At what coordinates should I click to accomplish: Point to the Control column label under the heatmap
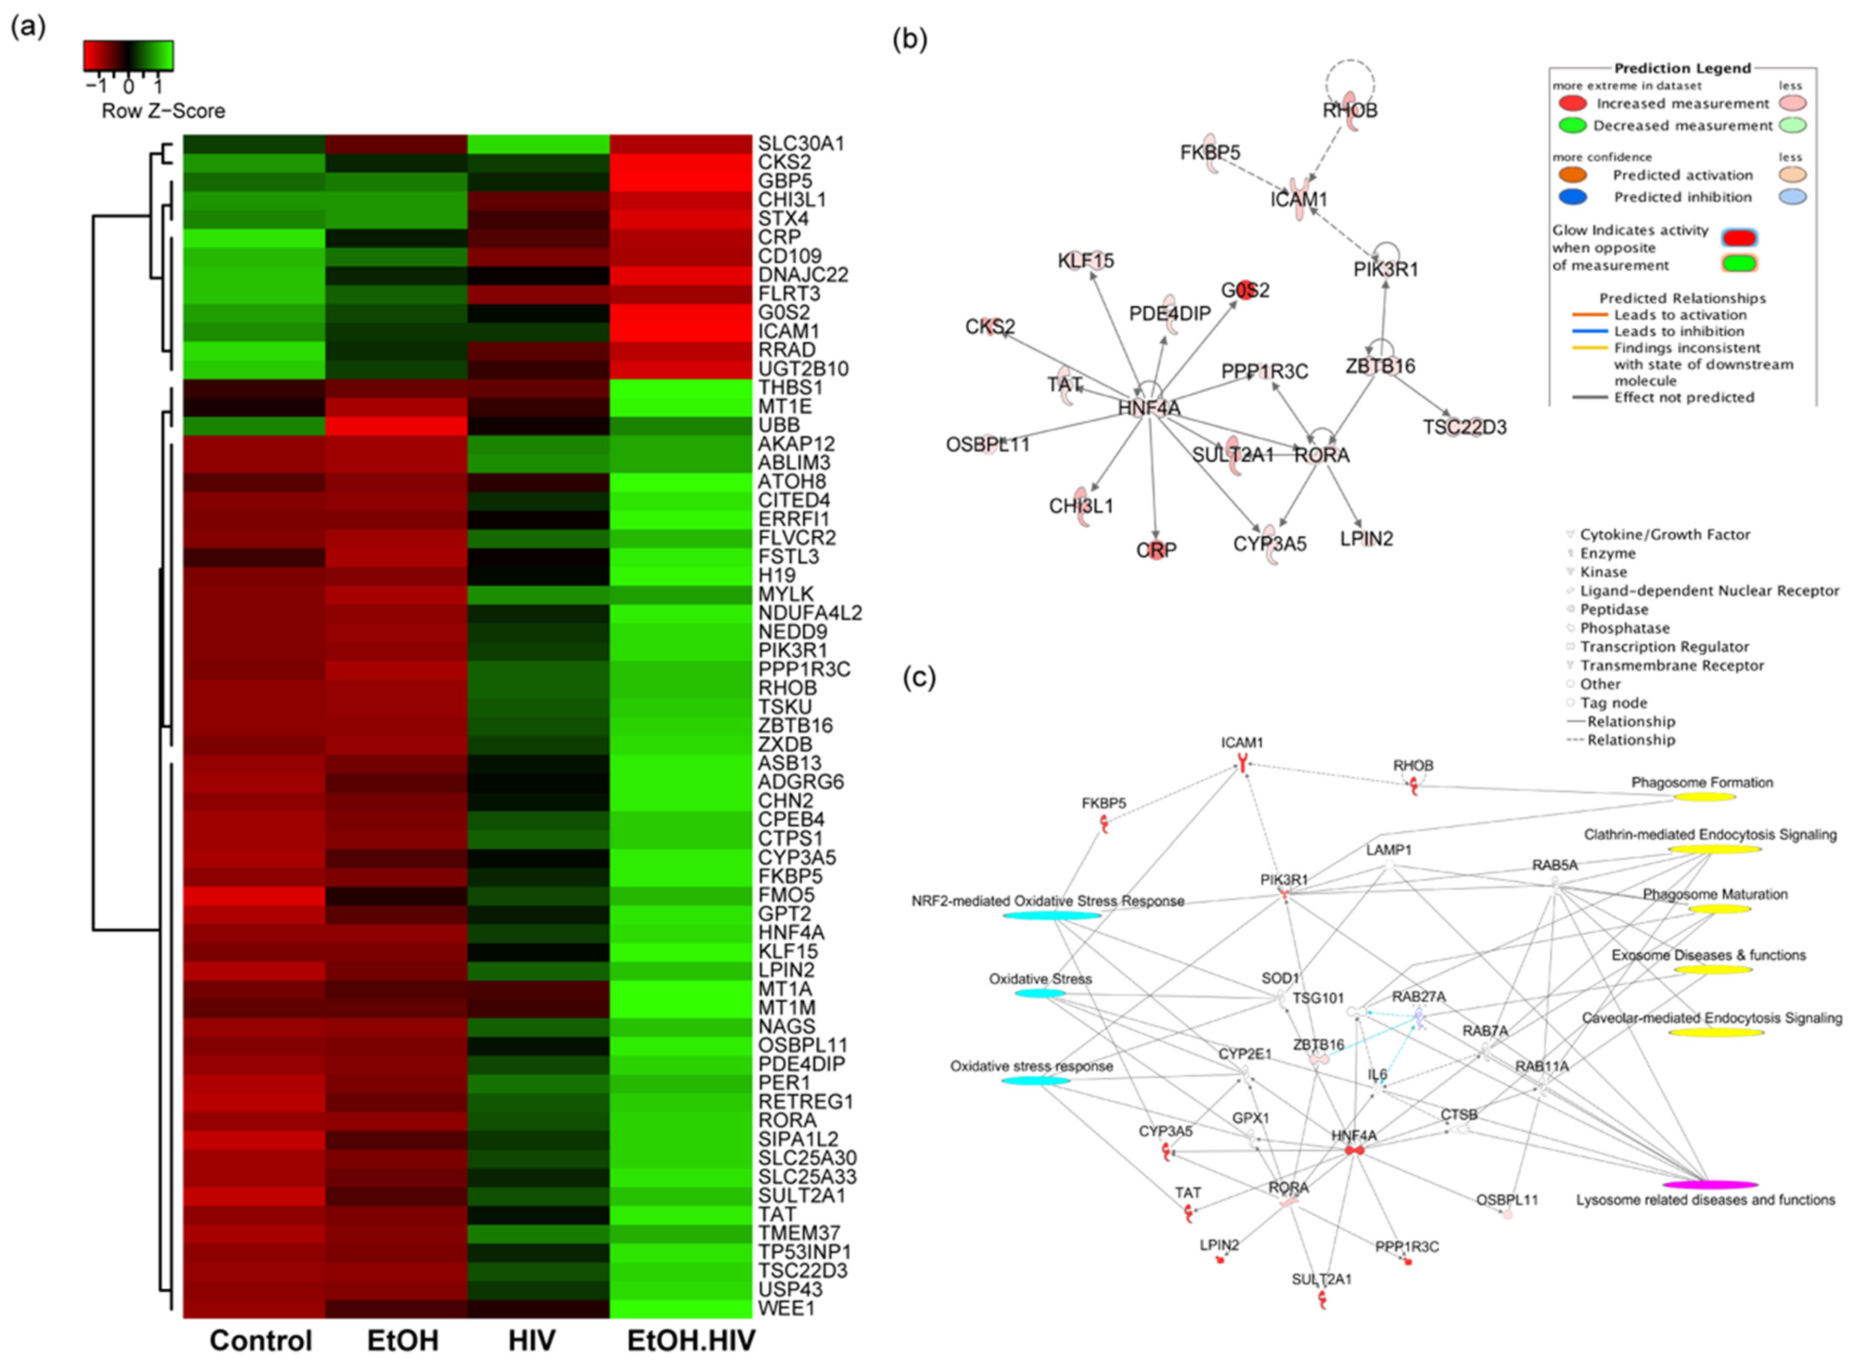pyautogui.click(x=260, y=1341)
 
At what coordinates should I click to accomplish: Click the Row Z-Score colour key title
pyautogui.click(x=163, y=111)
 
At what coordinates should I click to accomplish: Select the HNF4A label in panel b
pyautogui.click(x=1149, y=407)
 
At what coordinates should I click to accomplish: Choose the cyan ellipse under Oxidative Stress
pyautogui.click(x=1039, y=993)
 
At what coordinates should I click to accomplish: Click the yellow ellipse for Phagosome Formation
pyautogui.click(x=1704, y=797)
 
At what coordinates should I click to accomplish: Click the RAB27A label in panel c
pyautogui.click(x=1419, y=997)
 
